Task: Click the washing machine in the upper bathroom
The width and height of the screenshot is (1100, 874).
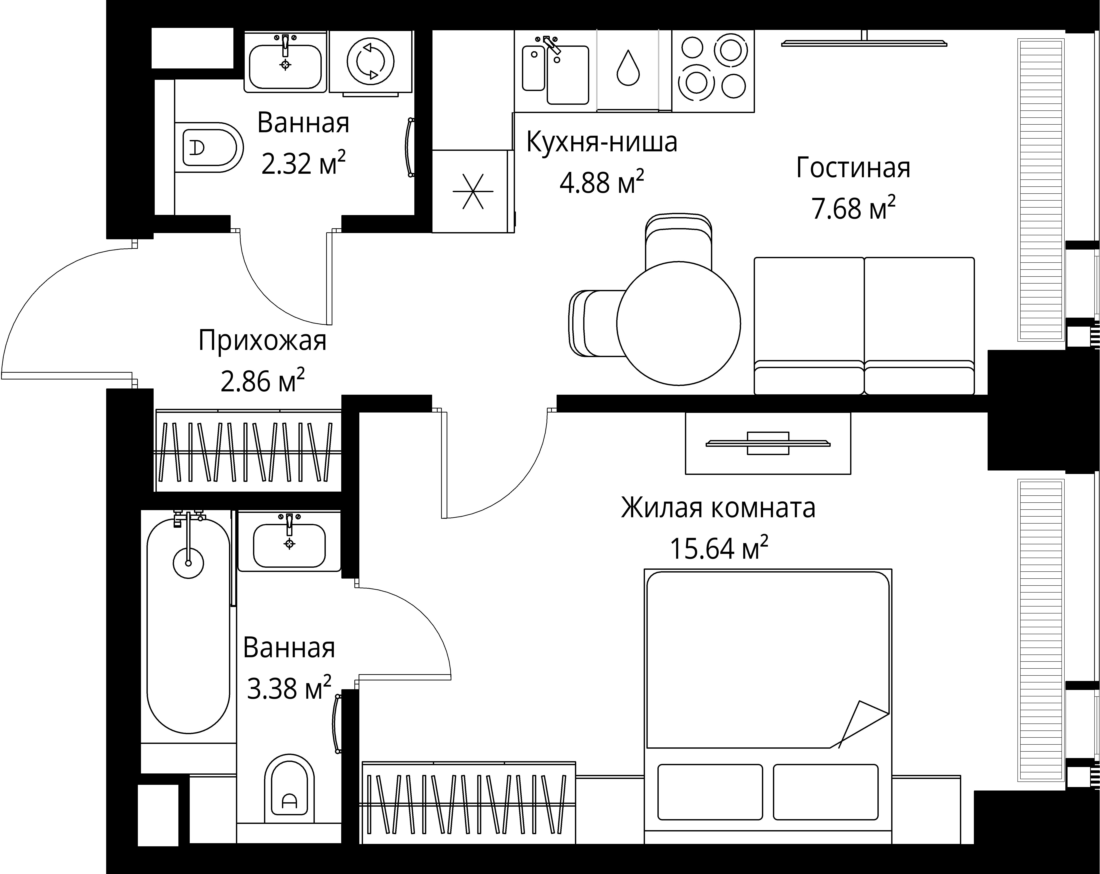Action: point(370,61)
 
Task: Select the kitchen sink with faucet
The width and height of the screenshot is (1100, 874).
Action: point(556,71)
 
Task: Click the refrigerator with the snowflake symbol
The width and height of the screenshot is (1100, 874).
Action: point(473,191)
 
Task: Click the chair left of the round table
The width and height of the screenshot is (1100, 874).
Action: point(594,323)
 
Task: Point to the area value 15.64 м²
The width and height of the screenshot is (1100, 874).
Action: point(718,549)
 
